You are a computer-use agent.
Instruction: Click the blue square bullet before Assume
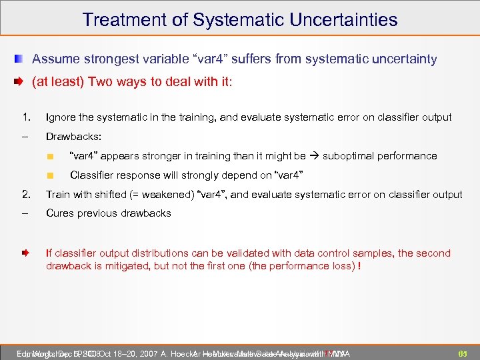click(21, 59)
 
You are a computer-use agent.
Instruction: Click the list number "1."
click(26, 117)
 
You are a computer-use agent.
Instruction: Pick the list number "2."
click(26, 195)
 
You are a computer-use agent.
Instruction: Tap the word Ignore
click(61, 117)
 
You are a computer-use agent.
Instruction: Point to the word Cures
click(60, 213)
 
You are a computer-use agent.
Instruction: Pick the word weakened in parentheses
click(162, 195)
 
